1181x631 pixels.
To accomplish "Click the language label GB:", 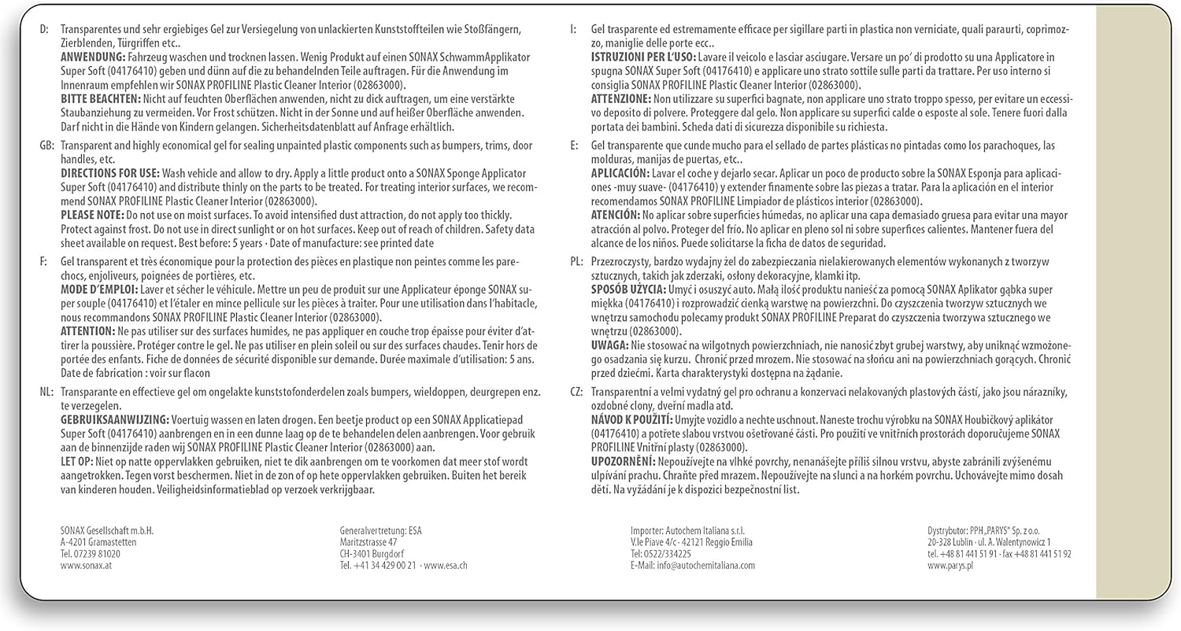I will [46, 146].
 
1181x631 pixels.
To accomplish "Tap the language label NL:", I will [46, 391].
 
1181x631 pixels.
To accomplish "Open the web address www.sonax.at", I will [86, 566].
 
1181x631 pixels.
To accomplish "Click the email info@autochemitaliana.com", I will [692, 566].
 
